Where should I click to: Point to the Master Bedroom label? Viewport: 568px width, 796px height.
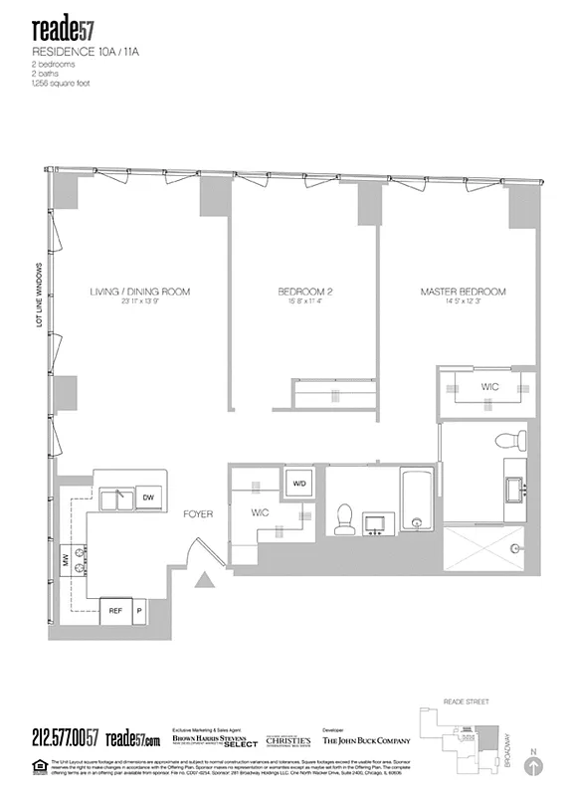coord(463,292)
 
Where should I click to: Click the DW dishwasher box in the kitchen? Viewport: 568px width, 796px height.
coord(147,497)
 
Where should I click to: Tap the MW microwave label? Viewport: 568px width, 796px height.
coord(67,560)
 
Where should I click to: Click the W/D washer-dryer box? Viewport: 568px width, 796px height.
coord(297,484)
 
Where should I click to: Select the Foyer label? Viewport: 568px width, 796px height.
coord(199,514)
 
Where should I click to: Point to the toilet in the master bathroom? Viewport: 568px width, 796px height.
coord(512,441)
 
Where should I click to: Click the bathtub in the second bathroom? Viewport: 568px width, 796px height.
coord(415,502)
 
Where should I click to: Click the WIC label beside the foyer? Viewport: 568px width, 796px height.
coord(262,512)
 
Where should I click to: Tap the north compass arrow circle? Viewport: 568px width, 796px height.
coord(536,766)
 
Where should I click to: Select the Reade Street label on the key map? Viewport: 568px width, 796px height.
coord(469,703)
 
